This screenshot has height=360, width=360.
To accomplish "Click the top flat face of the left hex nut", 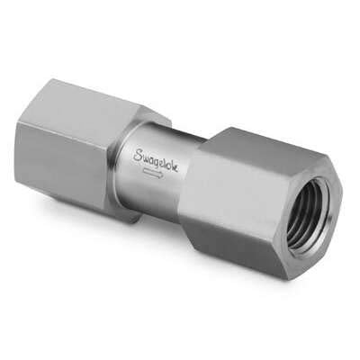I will point(90,99).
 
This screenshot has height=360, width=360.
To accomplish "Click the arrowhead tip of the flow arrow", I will point(163,175).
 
